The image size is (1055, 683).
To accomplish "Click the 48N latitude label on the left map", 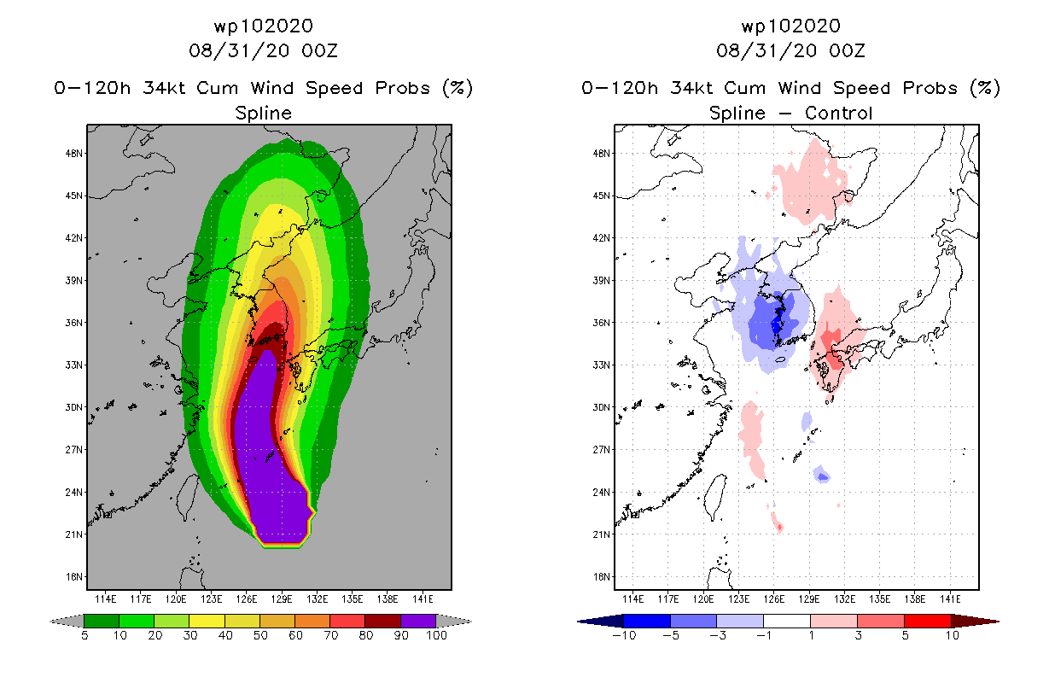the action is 74,154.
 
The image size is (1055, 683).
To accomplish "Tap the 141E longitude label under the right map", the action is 950,599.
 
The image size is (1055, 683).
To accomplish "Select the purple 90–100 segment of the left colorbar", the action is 418,621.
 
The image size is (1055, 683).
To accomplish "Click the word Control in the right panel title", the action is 838,113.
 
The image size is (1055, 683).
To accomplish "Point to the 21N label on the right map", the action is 602,534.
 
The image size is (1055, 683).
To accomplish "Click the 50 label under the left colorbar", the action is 260,635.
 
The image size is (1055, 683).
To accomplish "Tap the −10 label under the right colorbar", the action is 624,635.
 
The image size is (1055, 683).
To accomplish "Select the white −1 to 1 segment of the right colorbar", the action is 786,621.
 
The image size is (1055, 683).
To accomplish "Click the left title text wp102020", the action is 263,26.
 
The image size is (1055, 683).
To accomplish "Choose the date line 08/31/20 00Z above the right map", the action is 790,50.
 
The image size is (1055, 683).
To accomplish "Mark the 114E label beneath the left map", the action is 106,599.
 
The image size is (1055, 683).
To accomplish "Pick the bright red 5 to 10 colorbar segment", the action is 927,621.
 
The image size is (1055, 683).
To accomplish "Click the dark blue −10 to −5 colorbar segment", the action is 647,621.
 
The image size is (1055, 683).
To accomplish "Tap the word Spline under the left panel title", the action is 263,114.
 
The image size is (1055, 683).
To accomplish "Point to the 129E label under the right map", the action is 808,599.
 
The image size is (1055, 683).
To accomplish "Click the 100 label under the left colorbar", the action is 437,635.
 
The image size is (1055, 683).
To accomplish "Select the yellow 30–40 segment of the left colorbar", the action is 207,621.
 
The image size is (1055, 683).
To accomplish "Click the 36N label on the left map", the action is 74,323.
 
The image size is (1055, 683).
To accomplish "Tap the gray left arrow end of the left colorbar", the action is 67,622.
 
